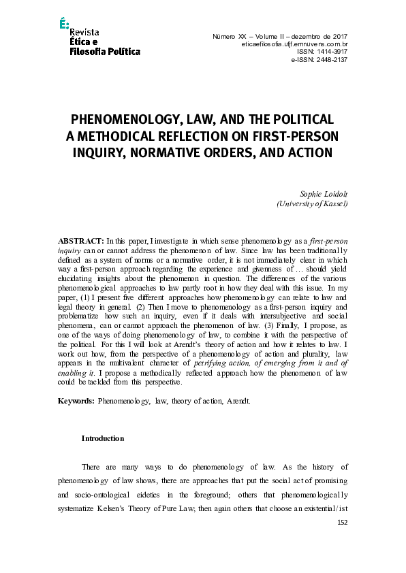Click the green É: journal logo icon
64,24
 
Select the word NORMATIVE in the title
183,152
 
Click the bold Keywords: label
76,402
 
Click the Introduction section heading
103,438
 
